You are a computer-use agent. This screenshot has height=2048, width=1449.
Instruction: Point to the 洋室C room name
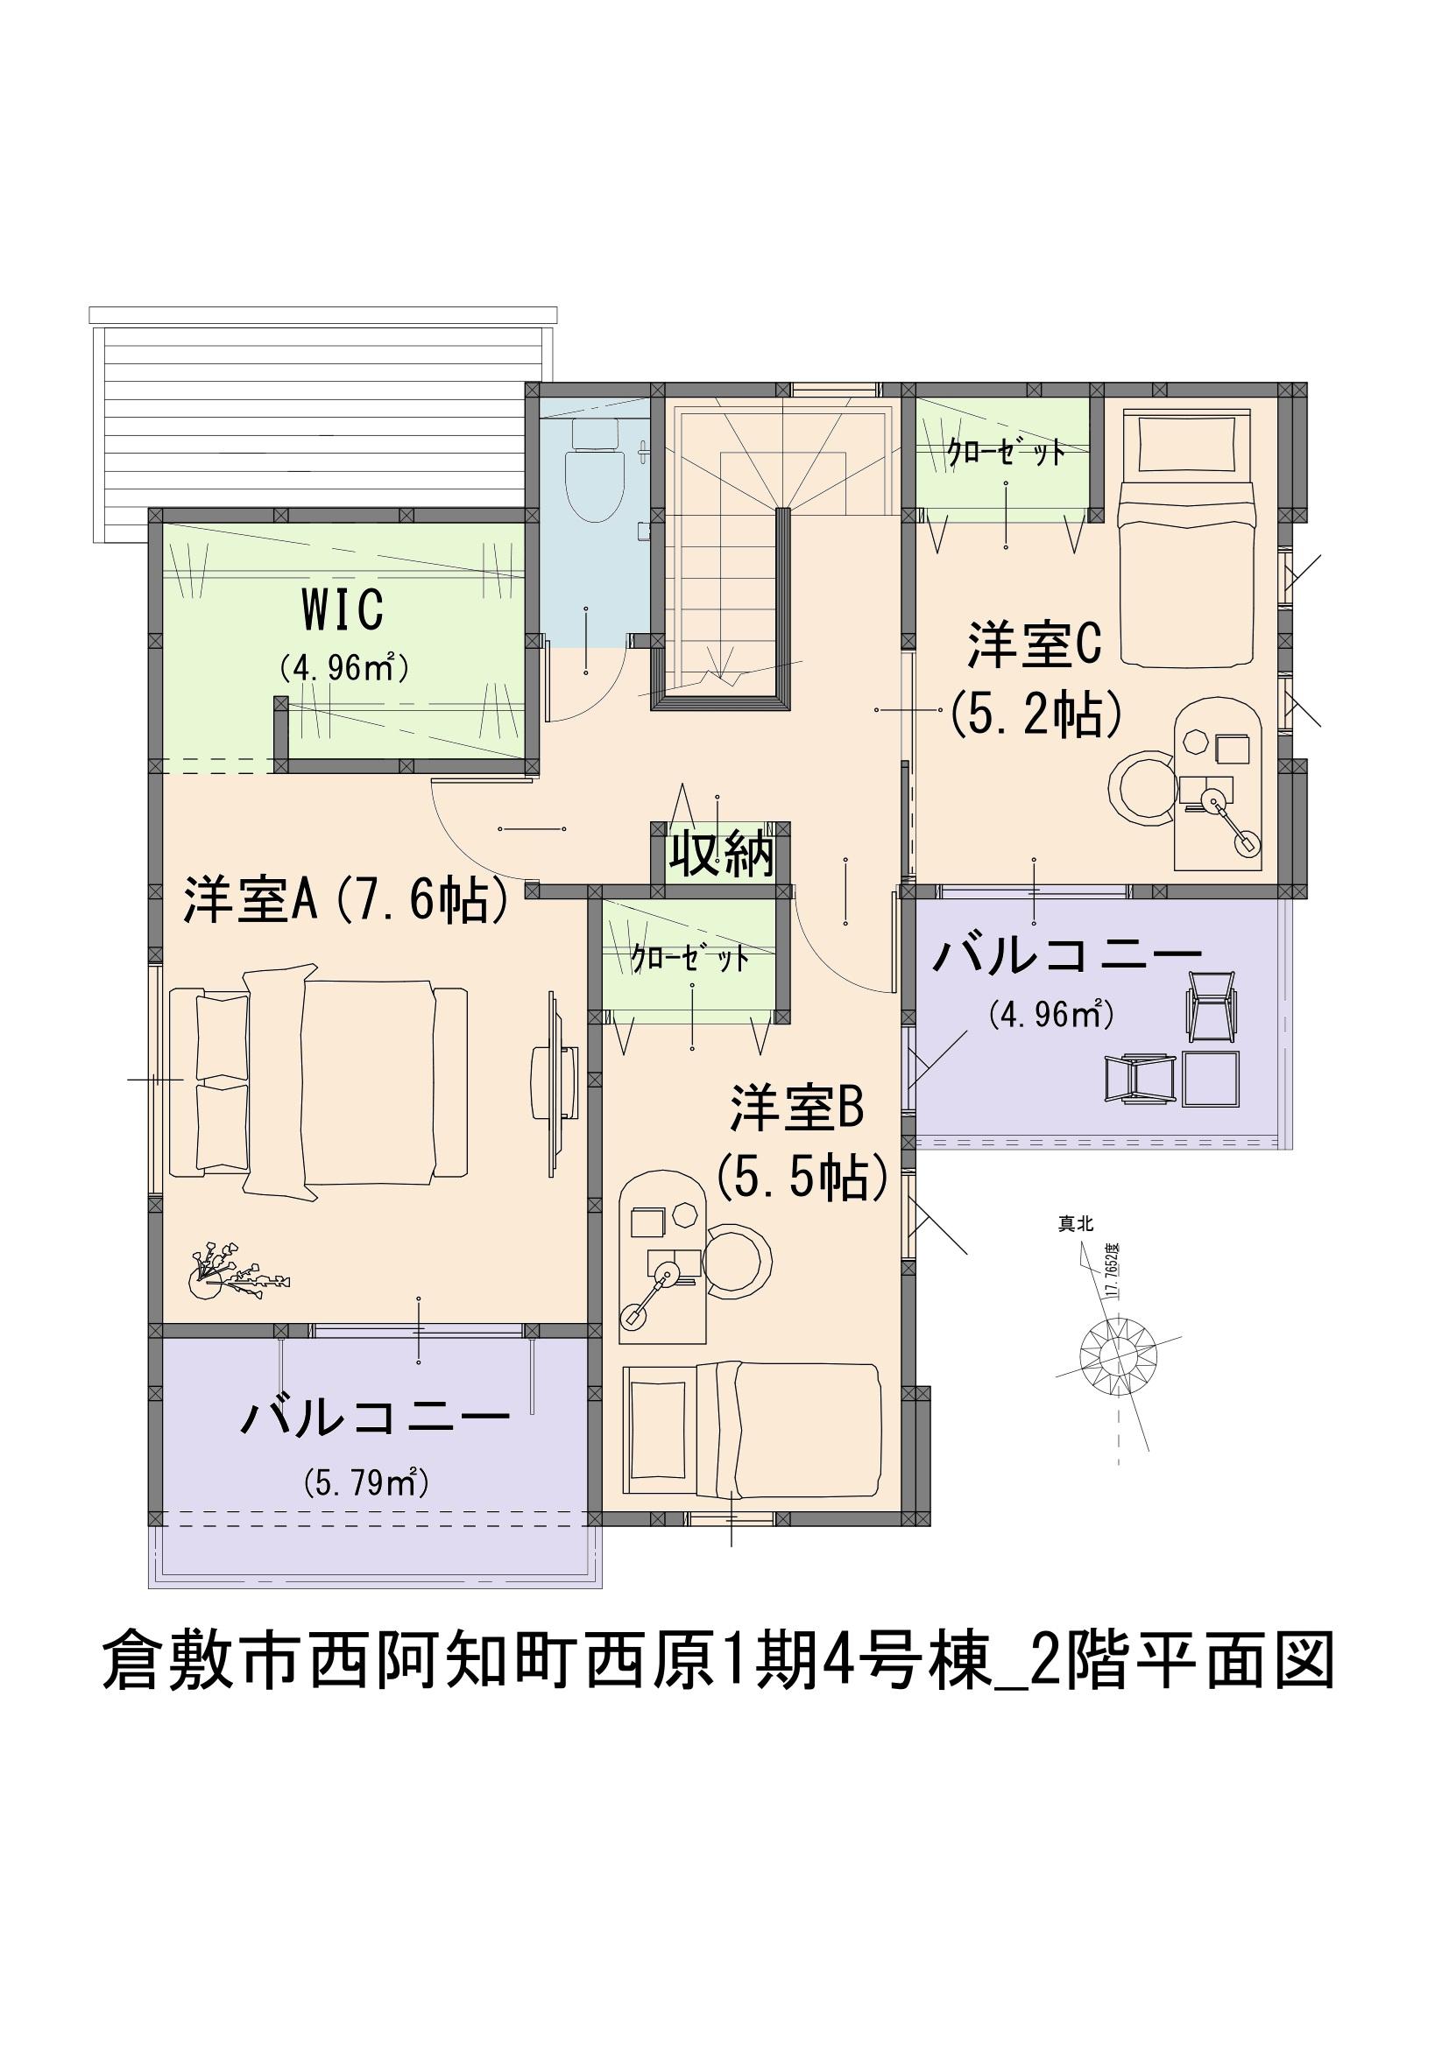coord(1035,645)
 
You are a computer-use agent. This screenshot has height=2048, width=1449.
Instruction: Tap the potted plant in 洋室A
coord(234,1268)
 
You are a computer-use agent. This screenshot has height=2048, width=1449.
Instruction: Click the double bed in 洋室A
coord(318,1080)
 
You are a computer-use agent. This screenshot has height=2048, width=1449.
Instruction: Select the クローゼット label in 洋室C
coord(1005,454)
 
